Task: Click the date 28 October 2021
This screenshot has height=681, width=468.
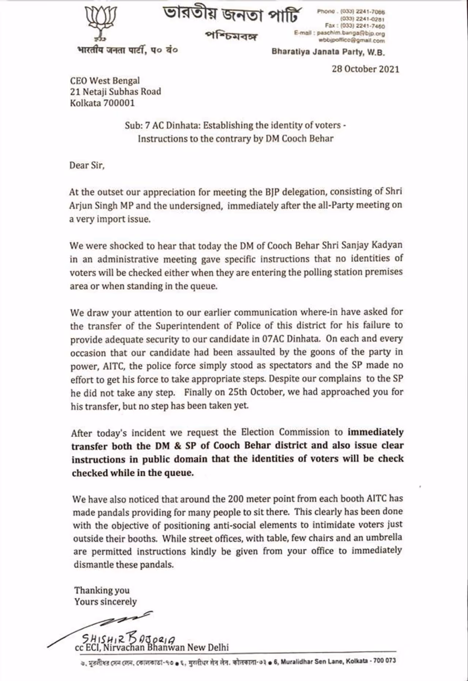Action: (x=365, y=69)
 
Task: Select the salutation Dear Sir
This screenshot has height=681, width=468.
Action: (x=87, y=165)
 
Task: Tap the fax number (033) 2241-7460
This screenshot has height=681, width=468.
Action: (x=362, y=26)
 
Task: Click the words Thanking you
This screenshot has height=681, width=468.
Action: (x=102, y=590)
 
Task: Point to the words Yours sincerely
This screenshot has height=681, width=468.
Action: (x=105, y=602)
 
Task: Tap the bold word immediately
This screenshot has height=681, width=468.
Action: (x=375, y=432)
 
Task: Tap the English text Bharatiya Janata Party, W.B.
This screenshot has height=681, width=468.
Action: (x=328, y=52)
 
